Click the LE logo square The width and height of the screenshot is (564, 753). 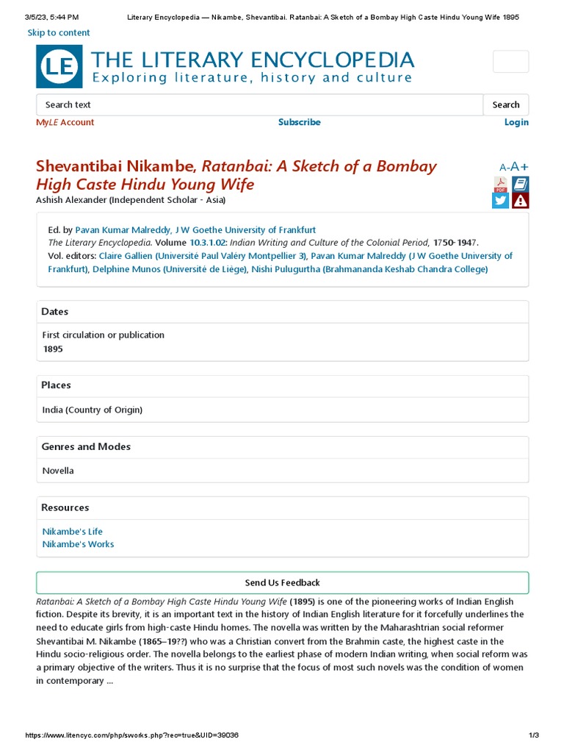coord(59,66)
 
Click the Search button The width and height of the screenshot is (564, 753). coord(505,104)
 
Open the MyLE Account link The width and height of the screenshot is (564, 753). coord(65,122)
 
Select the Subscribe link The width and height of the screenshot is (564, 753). coord(299,122)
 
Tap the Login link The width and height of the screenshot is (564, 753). coord(516,122)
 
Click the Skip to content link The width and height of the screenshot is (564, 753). coord(59,32)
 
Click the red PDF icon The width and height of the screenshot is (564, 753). coord(500,185)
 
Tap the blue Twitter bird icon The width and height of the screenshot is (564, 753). coord(500,201)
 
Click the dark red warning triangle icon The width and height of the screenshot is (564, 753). coord(520,201)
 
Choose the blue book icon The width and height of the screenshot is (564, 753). coord(520,184)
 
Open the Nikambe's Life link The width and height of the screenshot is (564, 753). coord(73,531)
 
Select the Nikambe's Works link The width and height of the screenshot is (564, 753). coord(78,544)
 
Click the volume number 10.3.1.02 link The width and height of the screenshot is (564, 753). coord(208,242)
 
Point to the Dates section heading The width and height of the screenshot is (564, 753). coord(55,312)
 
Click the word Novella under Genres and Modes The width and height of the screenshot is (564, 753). coord(58,471)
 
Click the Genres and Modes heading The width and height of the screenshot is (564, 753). coord(86,446)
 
